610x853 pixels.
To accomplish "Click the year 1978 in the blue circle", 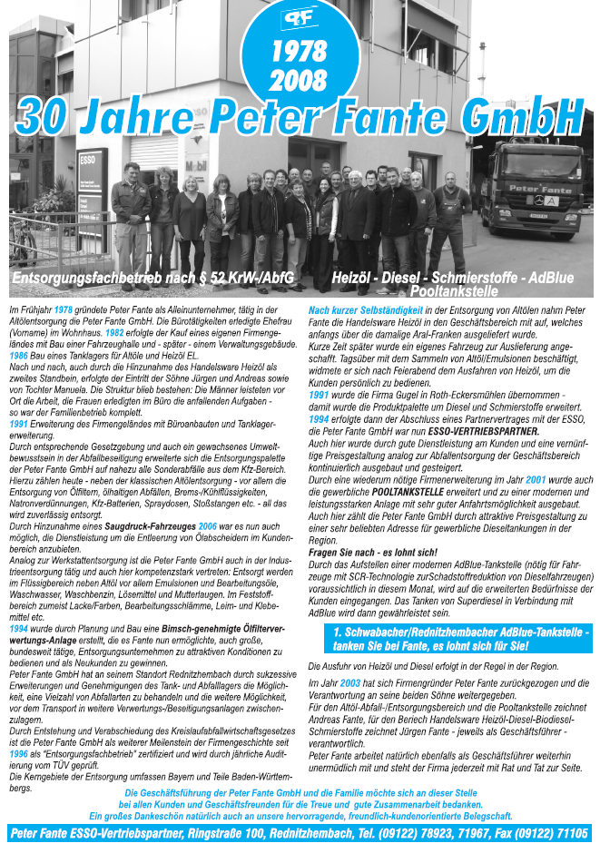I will click(299, 51).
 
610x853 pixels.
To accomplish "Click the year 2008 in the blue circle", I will click(299, 80).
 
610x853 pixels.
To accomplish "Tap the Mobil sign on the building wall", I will click(196, 168).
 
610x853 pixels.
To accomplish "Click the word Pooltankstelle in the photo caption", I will click(454, 291).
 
